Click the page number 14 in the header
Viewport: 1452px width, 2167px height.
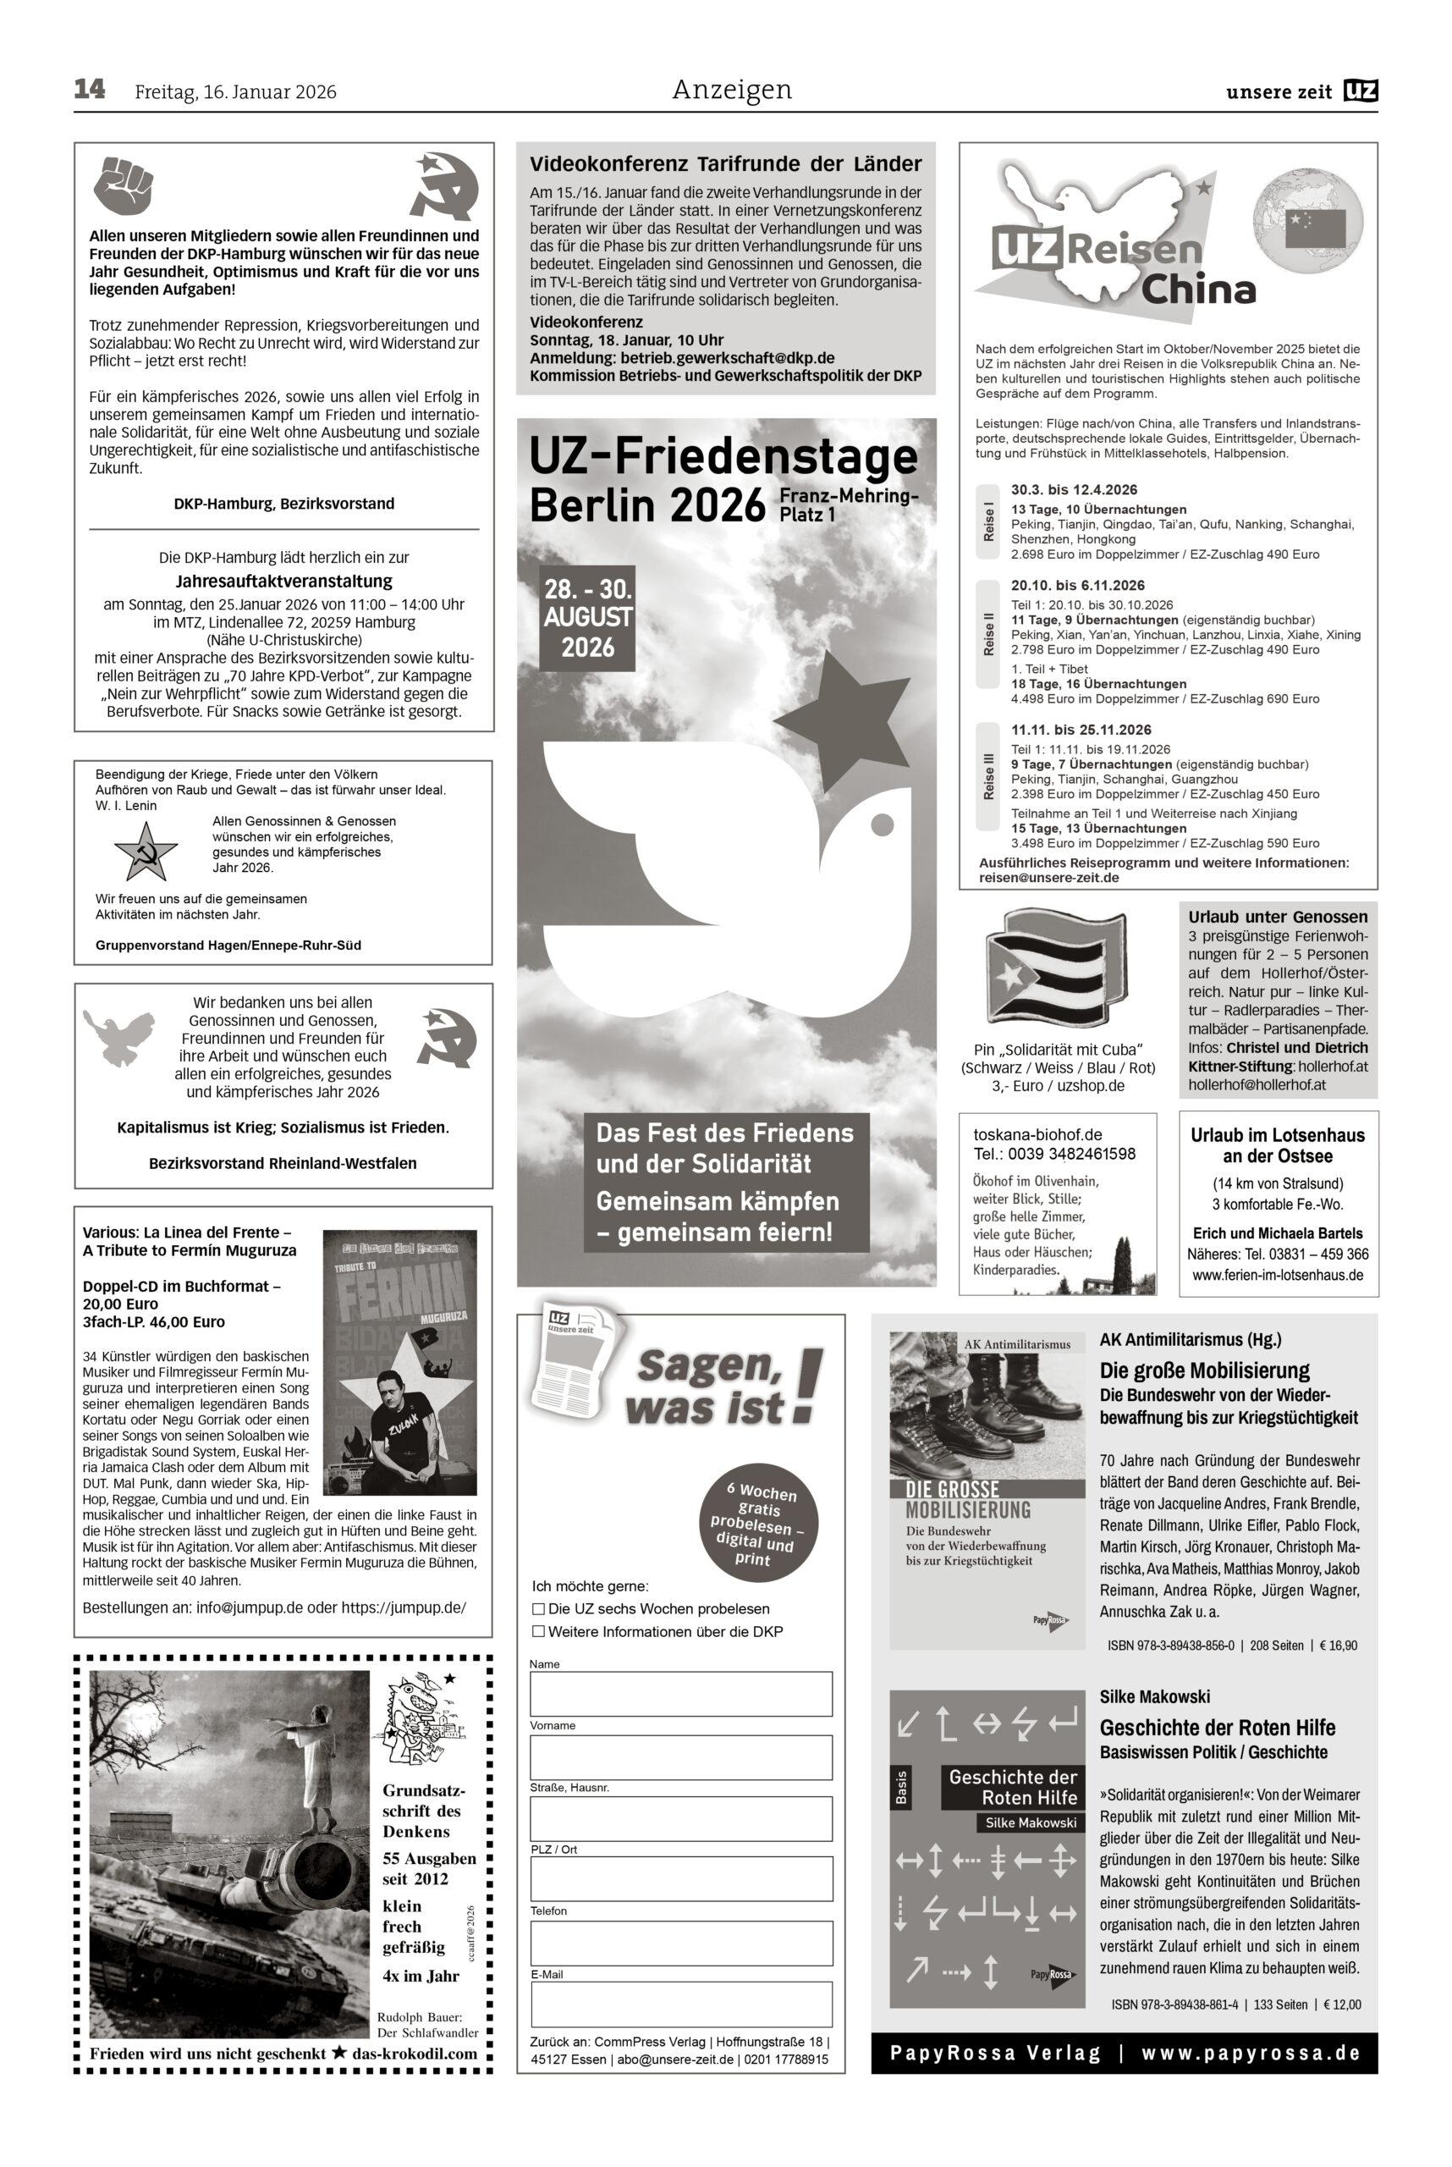click(90, 90)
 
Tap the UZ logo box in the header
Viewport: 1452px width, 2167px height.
click(1361, 91)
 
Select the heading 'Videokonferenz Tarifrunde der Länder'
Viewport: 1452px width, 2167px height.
click(725, 164)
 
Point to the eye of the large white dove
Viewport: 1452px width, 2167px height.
click(883, 823)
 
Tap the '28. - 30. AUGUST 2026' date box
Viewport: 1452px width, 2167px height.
click(588, 618)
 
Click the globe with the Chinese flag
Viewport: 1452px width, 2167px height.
click(1308, 224)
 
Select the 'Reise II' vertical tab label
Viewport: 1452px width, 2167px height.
click(989, 634)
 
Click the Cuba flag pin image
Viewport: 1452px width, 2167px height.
click(1057, 968)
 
